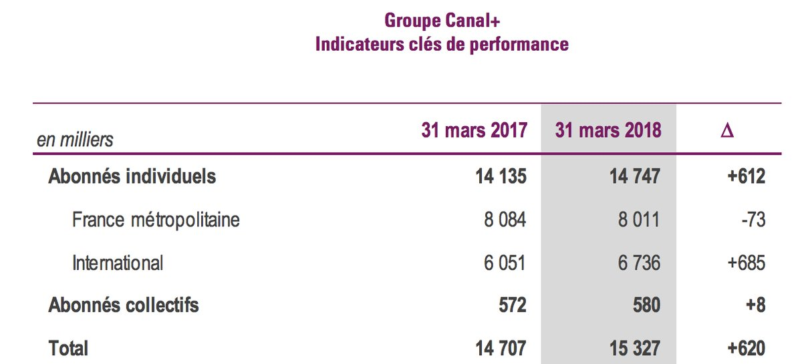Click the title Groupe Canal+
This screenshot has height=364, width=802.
442,21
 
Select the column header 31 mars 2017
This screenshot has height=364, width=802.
474,130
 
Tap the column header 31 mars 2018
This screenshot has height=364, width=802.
608,130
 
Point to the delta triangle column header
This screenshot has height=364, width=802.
727,130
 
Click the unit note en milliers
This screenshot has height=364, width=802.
75,140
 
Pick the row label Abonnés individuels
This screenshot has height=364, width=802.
132,176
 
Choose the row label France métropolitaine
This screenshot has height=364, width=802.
156,220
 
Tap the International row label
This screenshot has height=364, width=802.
118,263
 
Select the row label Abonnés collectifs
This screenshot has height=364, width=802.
124,305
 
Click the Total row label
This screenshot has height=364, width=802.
68,348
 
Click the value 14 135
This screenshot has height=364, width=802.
501,176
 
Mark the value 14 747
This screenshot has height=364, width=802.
635,176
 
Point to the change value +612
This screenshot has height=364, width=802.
747,176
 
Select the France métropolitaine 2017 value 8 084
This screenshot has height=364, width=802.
505,220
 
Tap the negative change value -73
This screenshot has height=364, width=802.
754,220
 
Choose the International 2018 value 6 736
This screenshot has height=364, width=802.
639,263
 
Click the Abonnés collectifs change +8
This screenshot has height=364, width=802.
756,305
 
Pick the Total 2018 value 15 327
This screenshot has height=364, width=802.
635,348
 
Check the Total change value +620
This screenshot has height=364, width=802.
747,348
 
